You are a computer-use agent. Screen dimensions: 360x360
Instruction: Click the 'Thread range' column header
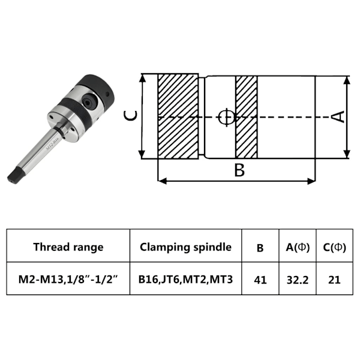(68, 247)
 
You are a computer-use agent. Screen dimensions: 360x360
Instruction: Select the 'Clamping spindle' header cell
(185, 247)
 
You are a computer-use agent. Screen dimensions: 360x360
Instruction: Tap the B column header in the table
(260, 248)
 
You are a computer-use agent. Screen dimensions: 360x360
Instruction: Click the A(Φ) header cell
(298, 247)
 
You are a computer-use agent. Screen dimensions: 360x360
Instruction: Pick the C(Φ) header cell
(334, 247)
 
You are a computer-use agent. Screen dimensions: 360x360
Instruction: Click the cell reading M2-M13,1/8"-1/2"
(68, 280)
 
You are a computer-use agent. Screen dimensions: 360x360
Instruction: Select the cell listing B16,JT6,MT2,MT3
(185, 280)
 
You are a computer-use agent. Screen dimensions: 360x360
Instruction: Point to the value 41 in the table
(260, 280)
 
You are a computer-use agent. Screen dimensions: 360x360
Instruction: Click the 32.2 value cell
(298, 280)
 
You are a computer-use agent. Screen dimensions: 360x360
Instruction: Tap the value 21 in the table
(334, 280)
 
